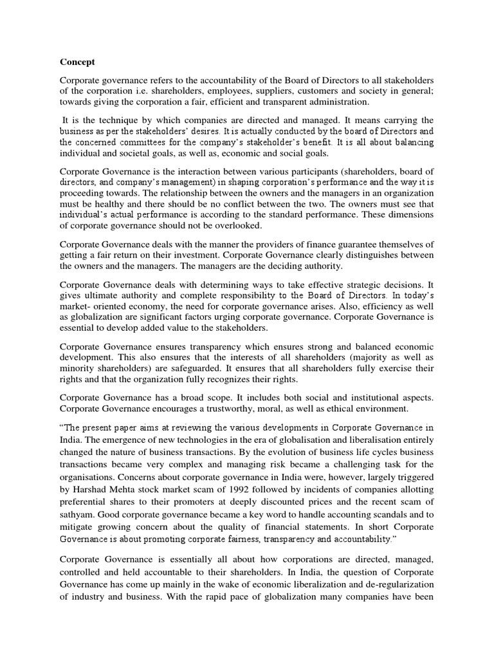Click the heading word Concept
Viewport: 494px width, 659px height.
pos(77,62)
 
